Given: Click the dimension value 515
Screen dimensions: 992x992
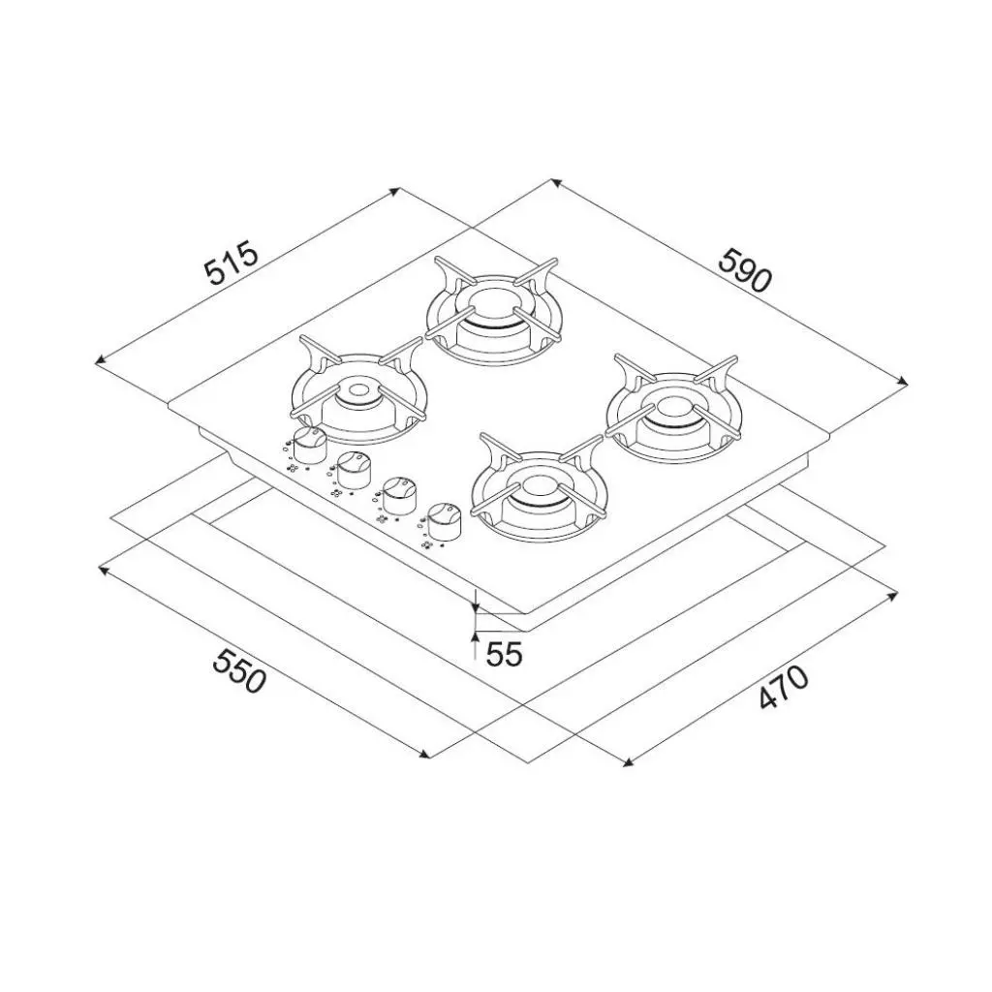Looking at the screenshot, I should click(x=232, y=262).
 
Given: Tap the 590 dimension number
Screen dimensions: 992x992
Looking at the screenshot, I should click(x=745, y=270).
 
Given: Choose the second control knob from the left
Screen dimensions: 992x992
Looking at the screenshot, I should click(x=354, y=469).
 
